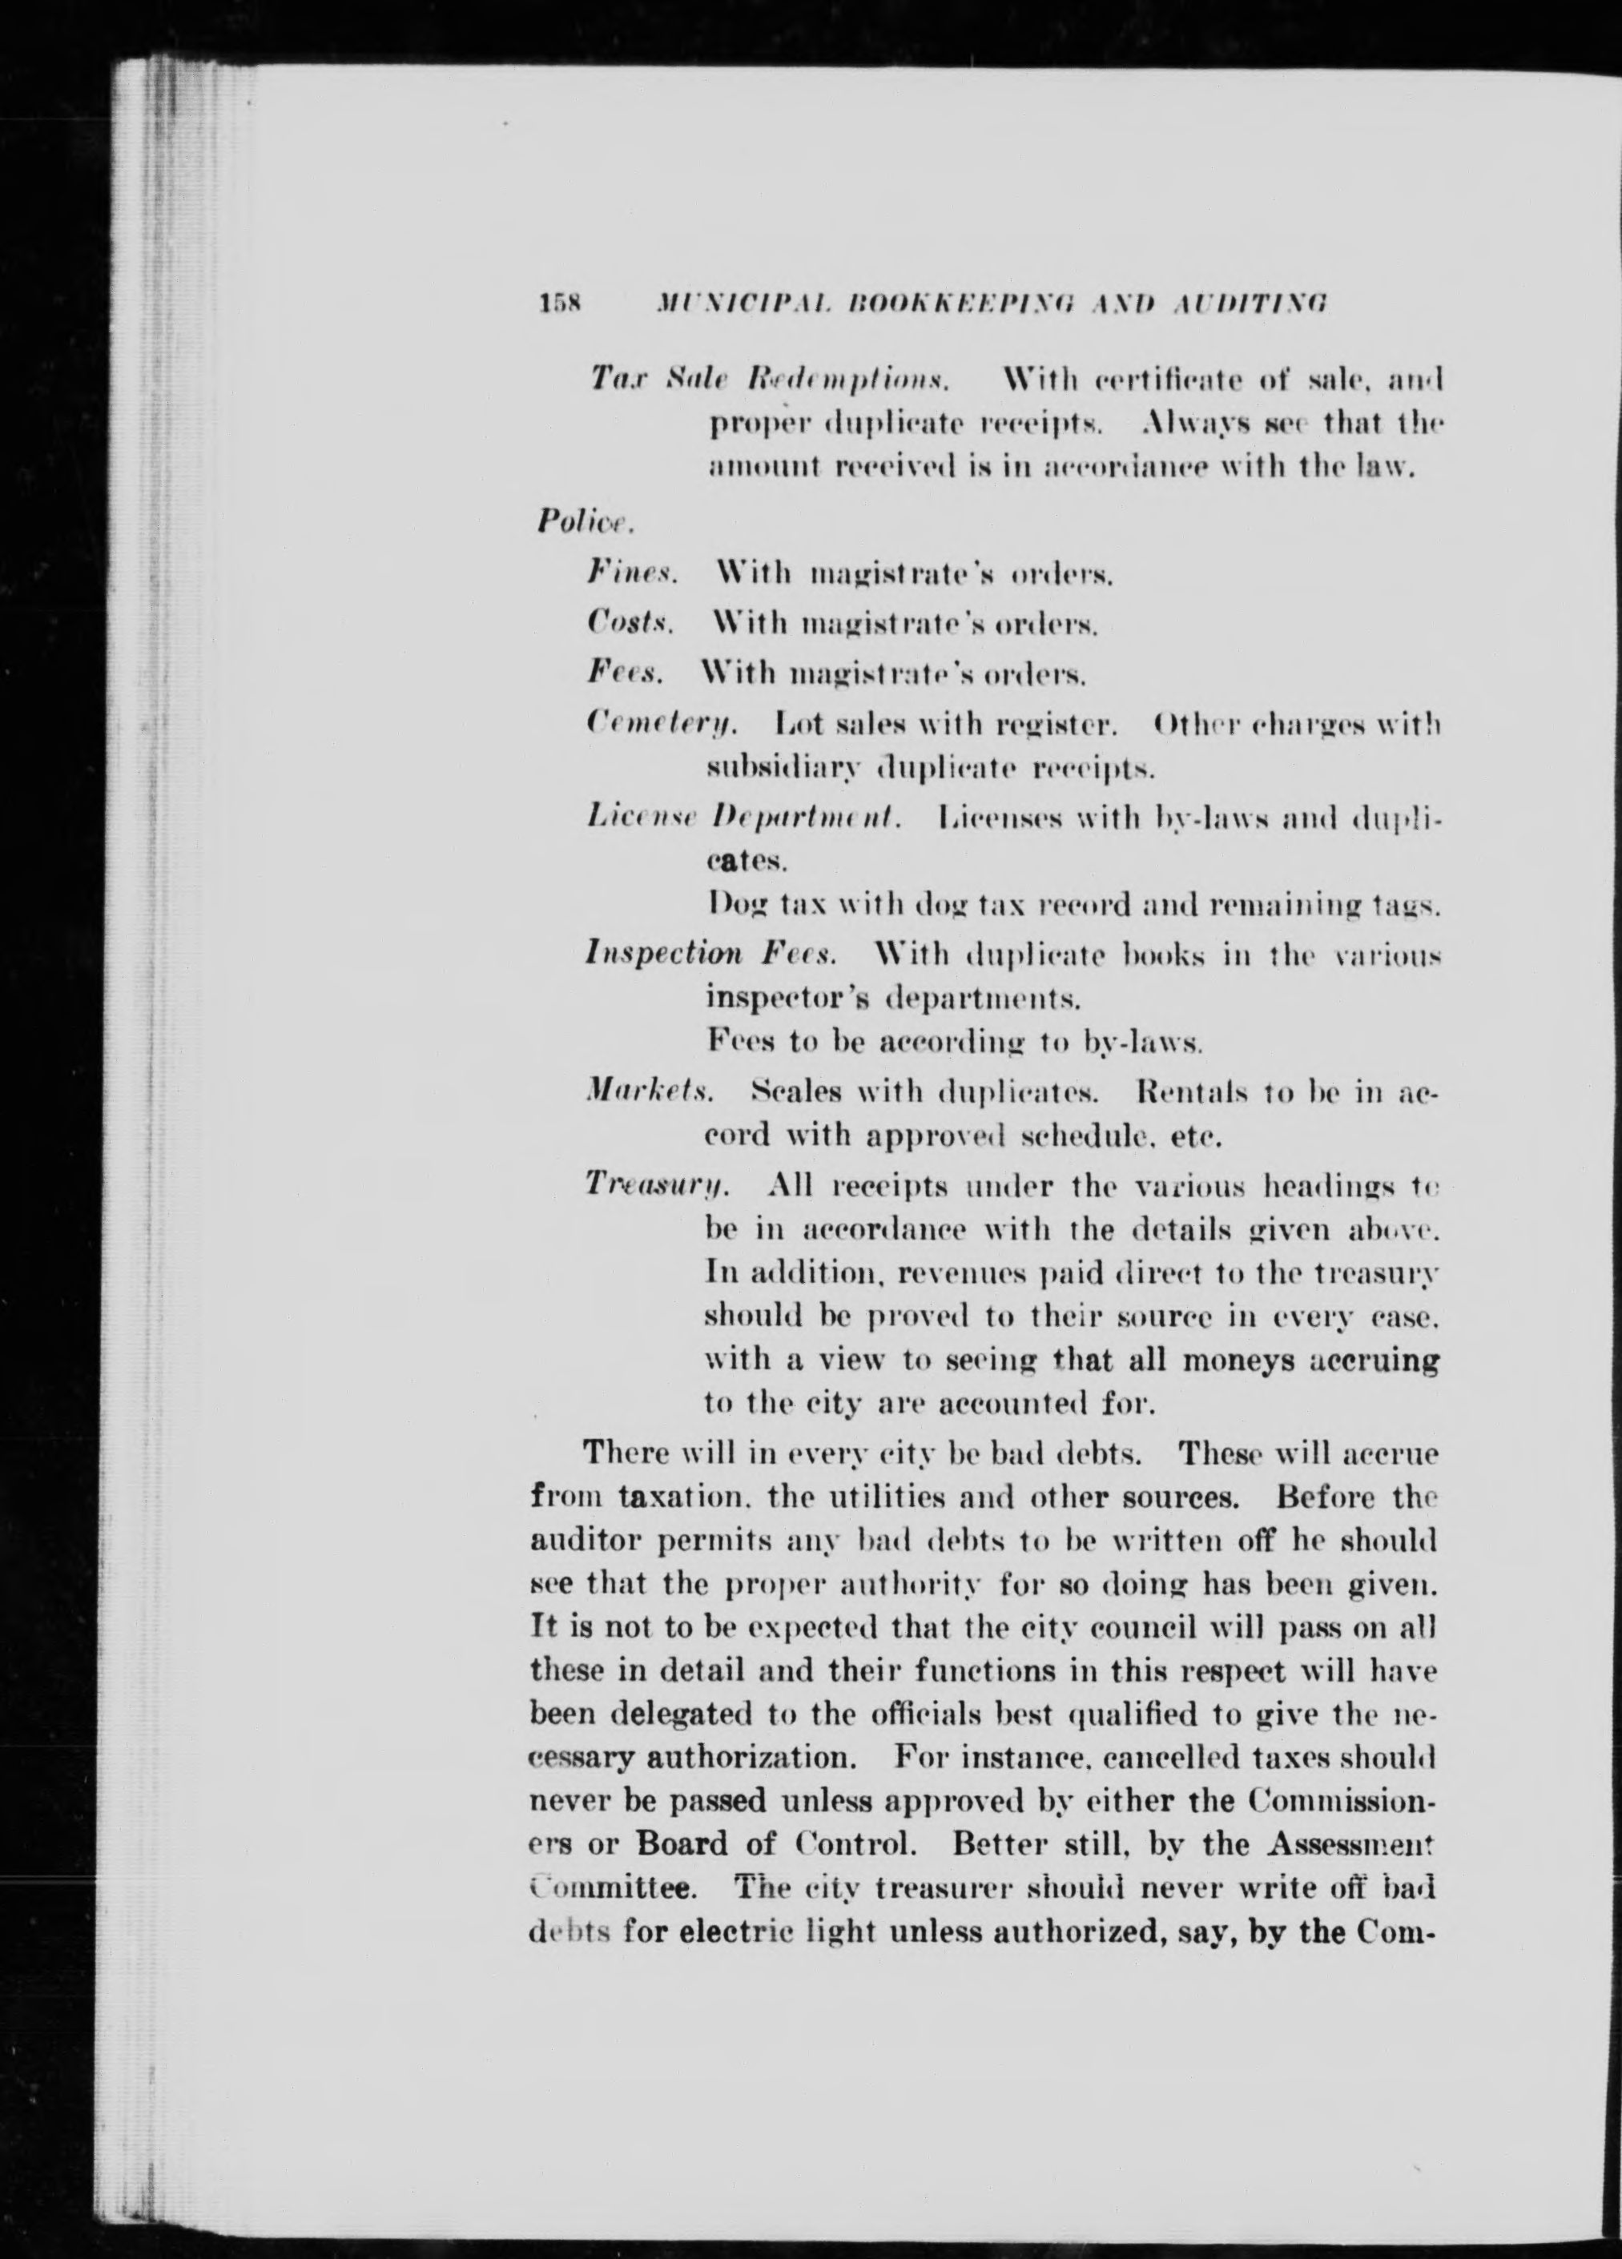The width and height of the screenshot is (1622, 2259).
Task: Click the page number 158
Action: pyautogui.click(x=565, y=303)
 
